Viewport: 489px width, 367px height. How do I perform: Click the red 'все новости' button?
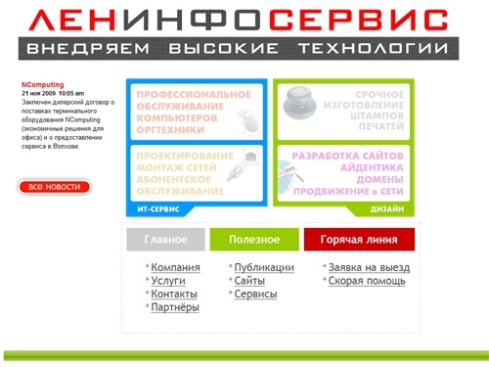55,186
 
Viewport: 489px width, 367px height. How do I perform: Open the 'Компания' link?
175,267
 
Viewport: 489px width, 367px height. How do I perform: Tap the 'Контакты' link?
174,294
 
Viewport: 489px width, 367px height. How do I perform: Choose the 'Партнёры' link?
175,307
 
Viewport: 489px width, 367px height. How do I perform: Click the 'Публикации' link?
264,267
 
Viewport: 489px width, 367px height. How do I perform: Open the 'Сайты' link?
250,281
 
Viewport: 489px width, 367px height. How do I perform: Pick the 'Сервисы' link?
255,294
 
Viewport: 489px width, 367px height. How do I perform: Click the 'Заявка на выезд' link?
368,267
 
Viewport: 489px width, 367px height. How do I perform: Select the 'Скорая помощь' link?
366,281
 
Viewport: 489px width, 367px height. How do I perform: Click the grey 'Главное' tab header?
165,240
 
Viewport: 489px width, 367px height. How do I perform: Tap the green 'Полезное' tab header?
254,240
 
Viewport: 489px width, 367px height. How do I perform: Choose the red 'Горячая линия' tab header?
359,240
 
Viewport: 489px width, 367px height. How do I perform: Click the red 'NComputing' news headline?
42,85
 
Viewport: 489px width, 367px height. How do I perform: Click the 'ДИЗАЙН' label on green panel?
389,209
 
